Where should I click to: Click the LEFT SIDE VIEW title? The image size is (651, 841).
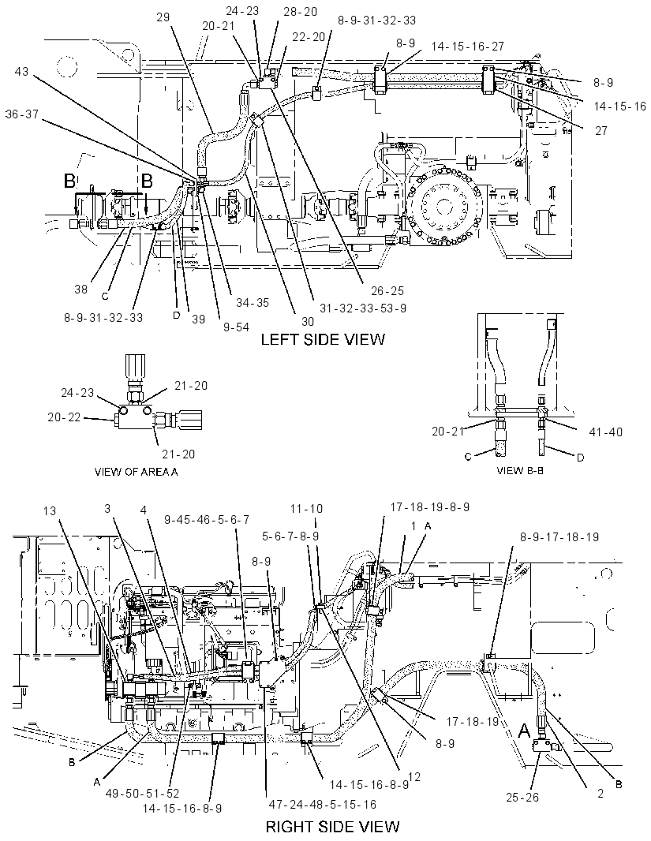click(323, 339)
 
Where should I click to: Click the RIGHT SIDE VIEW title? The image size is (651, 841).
click(332, 827)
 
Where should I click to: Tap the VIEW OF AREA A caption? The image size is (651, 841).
click(136, 472)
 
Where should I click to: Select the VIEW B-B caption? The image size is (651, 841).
click(520, 470)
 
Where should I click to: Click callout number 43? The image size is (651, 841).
click(21, 71)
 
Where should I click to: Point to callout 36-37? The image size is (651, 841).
click(22, 114)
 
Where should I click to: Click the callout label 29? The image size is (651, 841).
click(163, 17)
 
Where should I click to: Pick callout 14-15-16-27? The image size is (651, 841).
click(468, 47)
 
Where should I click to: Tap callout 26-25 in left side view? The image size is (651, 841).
click(387, 291)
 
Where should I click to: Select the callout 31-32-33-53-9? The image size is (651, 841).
click(363, 308)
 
